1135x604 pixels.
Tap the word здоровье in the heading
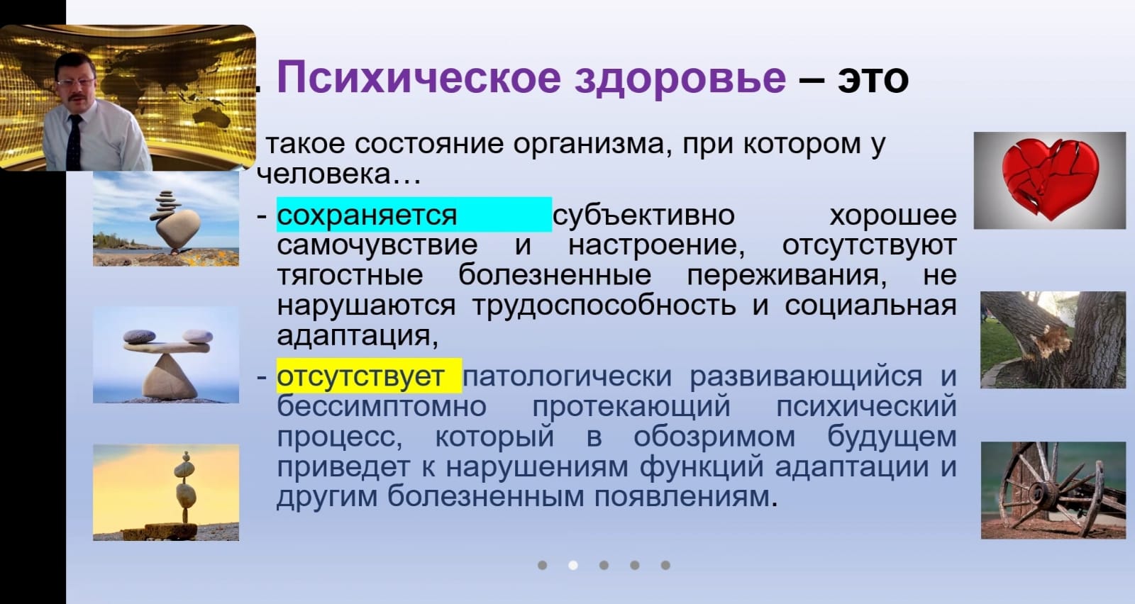pyautogui.click(x=680, y=78)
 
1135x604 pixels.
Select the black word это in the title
pyautogui.click(x=873, y=79)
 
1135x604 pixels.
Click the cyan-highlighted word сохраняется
pyautogui.click(x=367, y=216)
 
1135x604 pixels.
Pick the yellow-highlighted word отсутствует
pyautogui.click(x=360, y=376)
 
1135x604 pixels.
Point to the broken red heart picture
pyautogui.click(x=1050, y=181)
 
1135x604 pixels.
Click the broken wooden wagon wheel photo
pyautogui.click(x=1053, y=490)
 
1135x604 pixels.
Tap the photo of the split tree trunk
pyautogui.click(x=1053, y=340)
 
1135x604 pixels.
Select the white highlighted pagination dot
pyautogui.click(x=573, y=565)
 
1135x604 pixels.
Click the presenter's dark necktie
pyautogui.click(x=74, y=142)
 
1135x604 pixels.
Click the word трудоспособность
pyautogui.click(x=604, y=306)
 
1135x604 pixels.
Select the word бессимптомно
pyautogui.click(x=382, y=406)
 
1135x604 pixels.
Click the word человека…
pyautogui.click(x=339, y=174)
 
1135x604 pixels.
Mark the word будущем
pyautogui.click(x=892, y=437)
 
